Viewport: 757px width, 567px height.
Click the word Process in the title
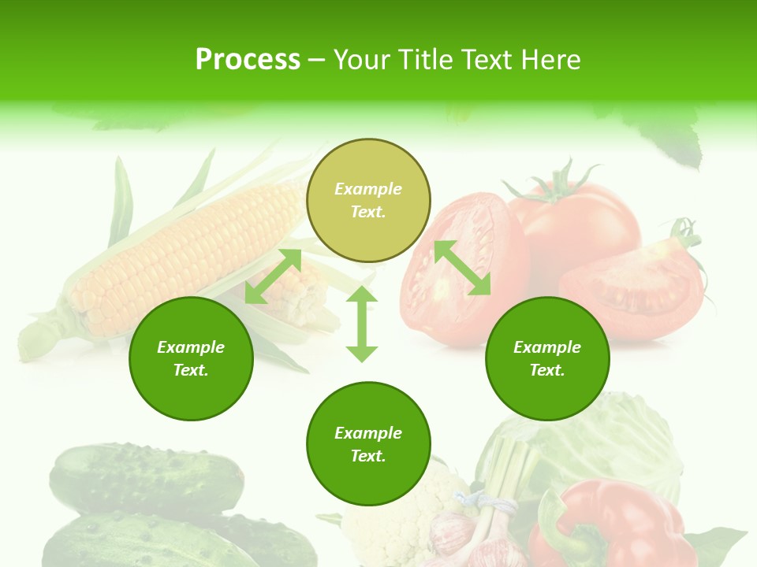[248, 60]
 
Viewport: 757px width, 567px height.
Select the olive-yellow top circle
[368, 200]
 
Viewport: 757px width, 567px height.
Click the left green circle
[191, 358]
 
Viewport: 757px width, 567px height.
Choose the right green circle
[547, 358]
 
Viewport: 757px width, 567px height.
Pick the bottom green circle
[368, 444]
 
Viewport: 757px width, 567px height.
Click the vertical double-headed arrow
[362, 324]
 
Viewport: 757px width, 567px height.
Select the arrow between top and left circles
[273, 276]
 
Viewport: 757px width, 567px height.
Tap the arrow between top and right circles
[462, 268]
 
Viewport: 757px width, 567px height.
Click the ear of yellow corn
[181, 252]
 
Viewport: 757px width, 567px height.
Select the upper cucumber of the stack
[146, 476]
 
